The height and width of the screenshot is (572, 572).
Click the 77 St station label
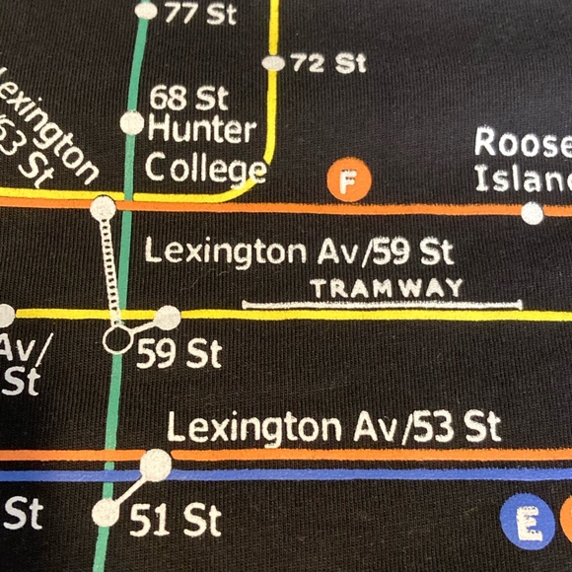(x=191, y=14)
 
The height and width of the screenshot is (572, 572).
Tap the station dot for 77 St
(x=147, y=12)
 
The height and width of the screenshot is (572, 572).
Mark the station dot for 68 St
(x=131, y=123)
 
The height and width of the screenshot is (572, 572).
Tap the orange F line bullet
(x=347, y=182)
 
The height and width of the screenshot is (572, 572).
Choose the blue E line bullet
(x=524, y=519)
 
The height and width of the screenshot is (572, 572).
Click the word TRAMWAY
(x=386, y=288)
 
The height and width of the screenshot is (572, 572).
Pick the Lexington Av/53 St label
(x=333, y=428)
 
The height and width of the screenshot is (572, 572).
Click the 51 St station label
(x=176, y=520)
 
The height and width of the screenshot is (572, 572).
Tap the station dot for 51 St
(x=105, y=513)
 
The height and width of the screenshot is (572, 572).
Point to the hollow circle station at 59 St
(x=117, y=340)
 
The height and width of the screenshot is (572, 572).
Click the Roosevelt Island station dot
(x=533, y=212)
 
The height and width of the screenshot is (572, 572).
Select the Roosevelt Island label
(x=523, y=161)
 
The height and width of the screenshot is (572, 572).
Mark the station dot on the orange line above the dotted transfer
(x=102, y=208)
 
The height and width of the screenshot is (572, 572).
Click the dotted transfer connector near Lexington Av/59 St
(x=109, y=271)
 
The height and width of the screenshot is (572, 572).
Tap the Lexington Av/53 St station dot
(x=156, y=463)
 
